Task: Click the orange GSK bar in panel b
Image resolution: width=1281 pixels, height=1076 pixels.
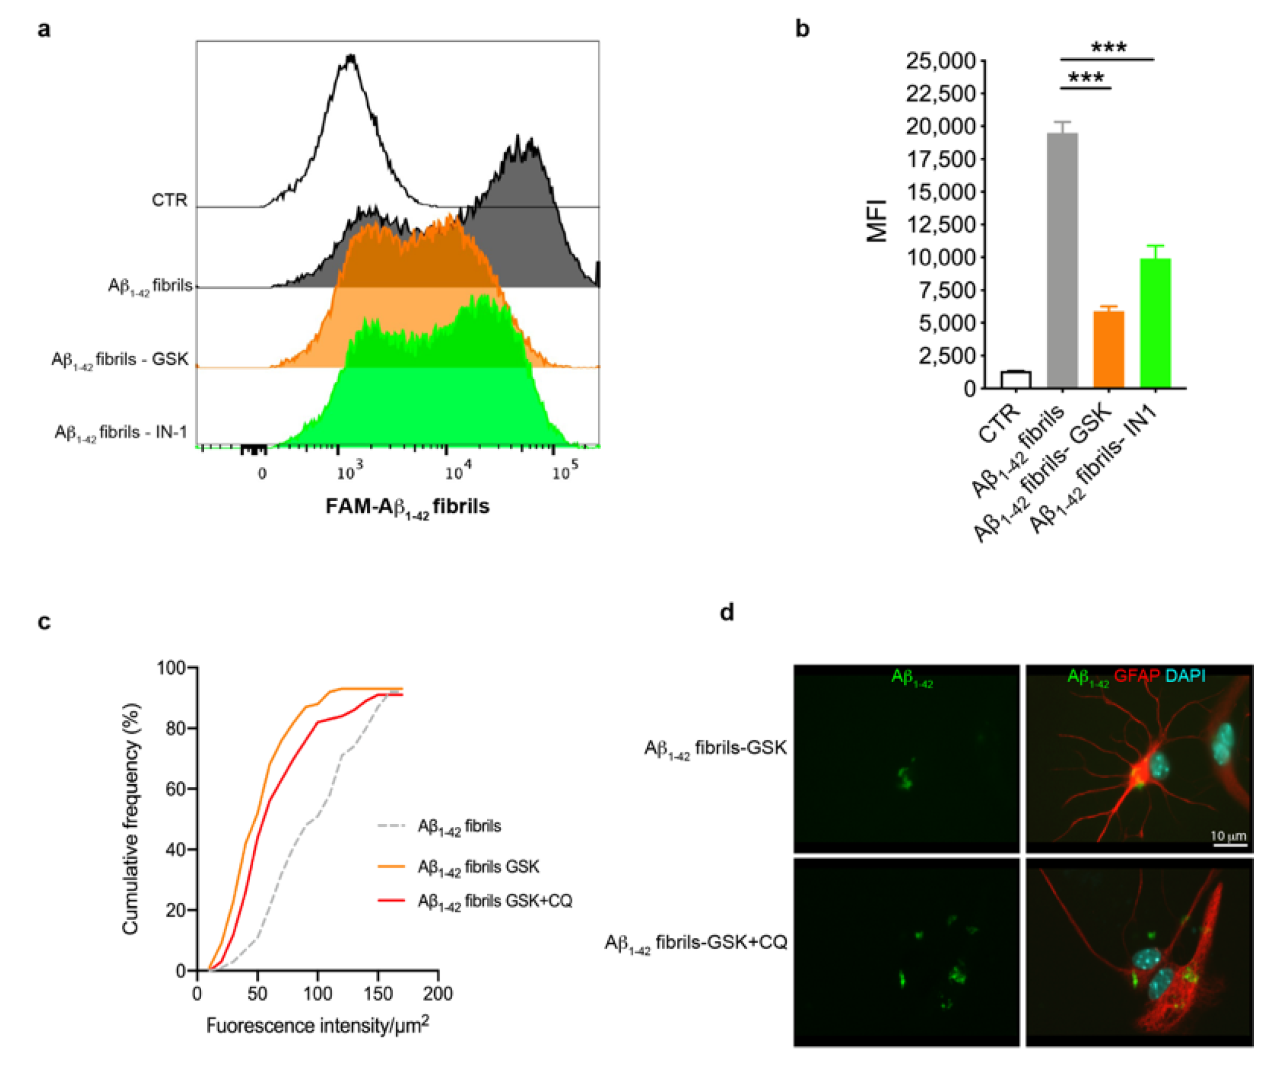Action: pyautogui.click(x=1109, y=349)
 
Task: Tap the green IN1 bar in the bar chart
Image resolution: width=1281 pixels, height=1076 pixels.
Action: pyautogui.click(x=1155, y=323)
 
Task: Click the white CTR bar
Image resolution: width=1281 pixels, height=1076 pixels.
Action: pyautogui.click(x=1016, y=379)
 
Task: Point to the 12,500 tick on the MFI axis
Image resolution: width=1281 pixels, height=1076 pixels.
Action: pyautogui.click(x=943, y=225)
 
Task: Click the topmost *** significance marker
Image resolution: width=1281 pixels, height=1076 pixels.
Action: pyautogui.click(x=1109, y=47)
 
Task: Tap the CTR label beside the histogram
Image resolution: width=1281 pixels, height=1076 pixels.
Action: pyautogui.click(x=169, y=200)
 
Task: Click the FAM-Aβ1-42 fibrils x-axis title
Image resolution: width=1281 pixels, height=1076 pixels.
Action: pyautogui.click(x=407, y=507)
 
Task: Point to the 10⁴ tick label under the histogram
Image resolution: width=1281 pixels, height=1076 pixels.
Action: pyautogui.click(x=458, y=471)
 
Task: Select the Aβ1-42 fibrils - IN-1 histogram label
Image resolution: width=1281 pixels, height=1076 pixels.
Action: pyautogui.click(x=121, y=432)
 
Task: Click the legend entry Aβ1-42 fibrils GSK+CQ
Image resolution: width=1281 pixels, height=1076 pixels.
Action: pyautogui.click(x=494, y=901)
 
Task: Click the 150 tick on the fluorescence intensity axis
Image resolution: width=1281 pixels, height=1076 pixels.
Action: pyautogui.click(x=378, y=995)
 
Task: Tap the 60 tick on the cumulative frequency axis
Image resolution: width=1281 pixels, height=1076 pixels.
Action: pyautogui.click(x=177, y=789)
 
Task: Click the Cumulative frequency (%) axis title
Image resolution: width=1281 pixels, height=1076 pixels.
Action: pyautogui.click(x=131, y=819)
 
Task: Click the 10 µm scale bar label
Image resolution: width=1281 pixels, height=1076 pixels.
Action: pyautogui.click(x=1228, y=835)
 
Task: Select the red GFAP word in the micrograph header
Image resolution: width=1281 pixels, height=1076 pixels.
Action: pyautogui.click(x=1136, y=676)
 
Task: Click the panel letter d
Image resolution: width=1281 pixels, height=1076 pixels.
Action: pyautogui.click(x=727, y=612)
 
